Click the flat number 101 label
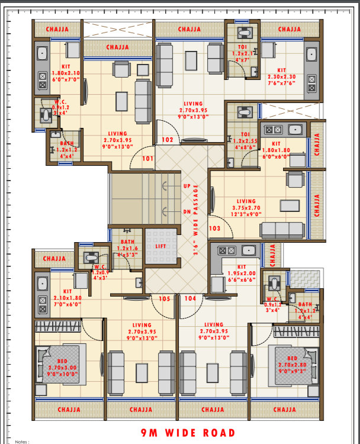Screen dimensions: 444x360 coord(147,159)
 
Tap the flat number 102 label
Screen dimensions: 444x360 coord(168,140)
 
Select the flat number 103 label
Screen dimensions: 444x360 coord(214,228)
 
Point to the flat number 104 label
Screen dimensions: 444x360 coord(190,299)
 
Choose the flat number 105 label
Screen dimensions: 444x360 coord(165,299)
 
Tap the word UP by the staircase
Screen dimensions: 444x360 coord(188,185)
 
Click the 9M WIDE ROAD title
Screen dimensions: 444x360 coord(179,433)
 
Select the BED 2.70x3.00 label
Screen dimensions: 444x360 coord(62,368)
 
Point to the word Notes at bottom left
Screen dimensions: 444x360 coord(22,441)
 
